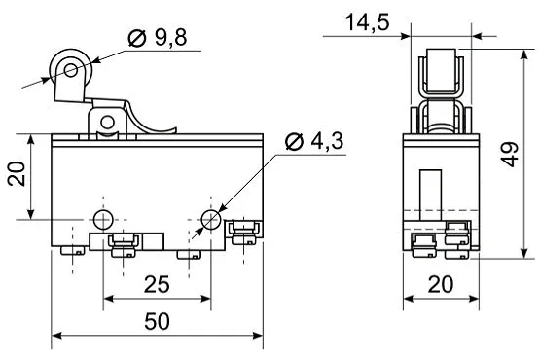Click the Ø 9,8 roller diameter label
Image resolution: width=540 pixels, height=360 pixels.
pyautogui.click(x=158, y=38)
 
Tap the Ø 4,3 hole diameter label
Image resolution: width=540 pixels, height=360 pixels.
pyautogui.click(x=315, y=141)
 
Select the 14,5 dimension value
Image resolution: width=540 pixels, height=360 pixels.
pyautogui.click(x=367, y=22)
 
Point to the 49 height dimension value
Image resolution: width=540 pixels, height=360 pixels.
pyautogui.click(x=511, y=154)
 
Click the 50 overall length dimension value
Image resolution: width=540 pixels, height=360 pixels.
pyautogui.click(x=157, y=321)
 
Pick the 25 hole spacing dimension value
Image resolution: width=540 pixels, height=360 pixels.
pyautogui.click(x=157, y=284)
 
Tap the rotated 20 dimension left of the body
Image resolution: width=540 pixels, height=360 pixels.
pyautogui.click(x=17, y=174)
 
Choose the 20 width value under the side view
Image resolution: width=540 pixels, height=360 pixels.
pyautogui.click(x=441, y=284)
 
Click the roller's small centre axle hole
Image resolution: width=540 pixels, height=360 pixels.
pyautogui.click(x=71, y=70)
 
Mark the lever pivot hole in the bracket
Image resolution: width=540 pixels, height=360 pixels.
pyautogui.click(x=107, y=122)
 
